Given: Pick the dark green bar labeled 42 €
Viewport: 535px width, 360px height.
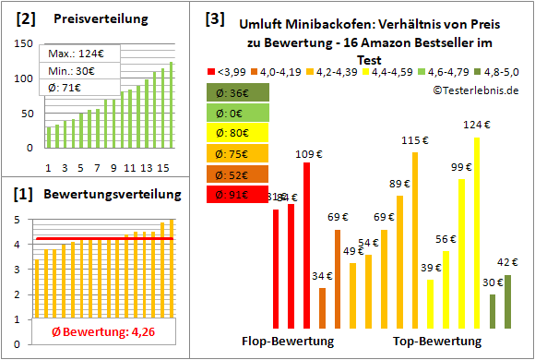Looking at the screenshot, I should coord(507,301).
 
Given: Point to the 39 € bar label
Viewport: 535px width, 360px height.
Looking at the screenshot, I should coord(430,268).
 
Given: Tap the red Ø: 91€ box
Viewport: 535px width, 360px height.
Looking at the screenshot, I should coord(238,195).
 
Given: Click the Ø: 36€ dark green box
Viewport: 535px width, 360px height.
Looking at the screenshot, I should coord(238,93).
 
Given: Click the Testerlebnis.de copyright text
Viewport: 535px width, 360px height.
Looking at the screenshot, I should coord(474,90).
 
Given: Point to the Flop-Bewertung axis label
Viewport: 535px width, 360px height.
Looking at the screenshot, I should coord(287,341).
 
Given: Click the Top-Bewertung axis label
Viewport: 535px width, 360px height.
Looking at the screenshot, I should coord(437,341).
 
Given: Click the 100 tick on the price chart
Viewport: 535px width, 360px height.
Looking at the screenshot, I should coord(23,78).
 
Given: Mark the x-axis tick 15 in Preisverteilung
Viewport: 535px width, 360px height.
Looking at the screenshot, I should coord(162,167).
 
